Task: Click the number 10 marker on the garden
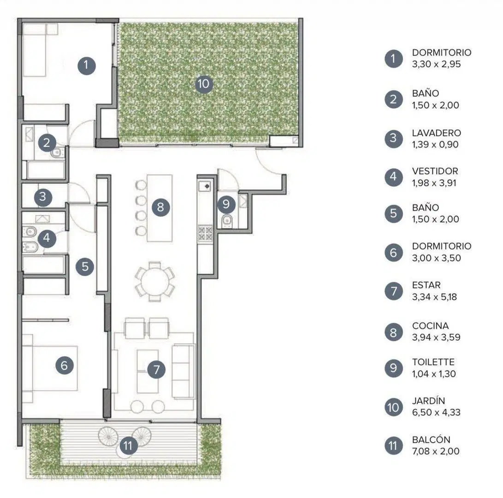point(204,84)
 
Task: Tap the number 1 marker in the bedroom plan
point(86,65)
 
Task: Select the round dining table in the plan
point(155,282)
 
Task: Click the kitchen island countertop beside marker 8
point(160,208)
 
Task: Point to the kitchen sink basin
point(204,186)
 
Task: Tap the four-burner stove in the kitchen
point(205,234)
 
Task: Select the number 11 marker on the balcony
point(128,445)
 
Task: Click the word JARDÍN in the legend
point(428,401)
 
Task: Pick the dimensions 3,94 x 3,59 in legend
point(436,337)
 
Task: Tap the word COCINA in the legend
point(430,326)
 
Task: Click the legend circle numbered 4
point(394,177)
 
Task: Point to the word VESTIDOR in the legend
point(435,171)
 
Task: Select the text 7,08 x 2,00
point(436,451)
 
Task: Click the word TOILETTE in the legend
point(433,362)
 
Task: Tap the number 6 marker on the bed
point(64,365)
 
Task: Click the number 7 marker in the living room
point(156,369)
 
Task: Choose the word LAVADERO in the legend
point(436,133)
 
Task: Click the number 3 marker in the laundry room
point(43,197)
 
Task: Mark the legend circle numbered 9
point(394,368)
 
